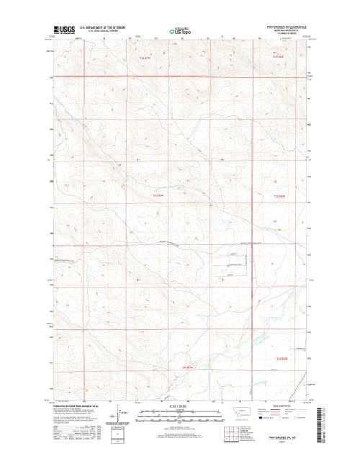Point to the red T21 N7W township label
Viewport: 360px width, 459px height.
point(189,369)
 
